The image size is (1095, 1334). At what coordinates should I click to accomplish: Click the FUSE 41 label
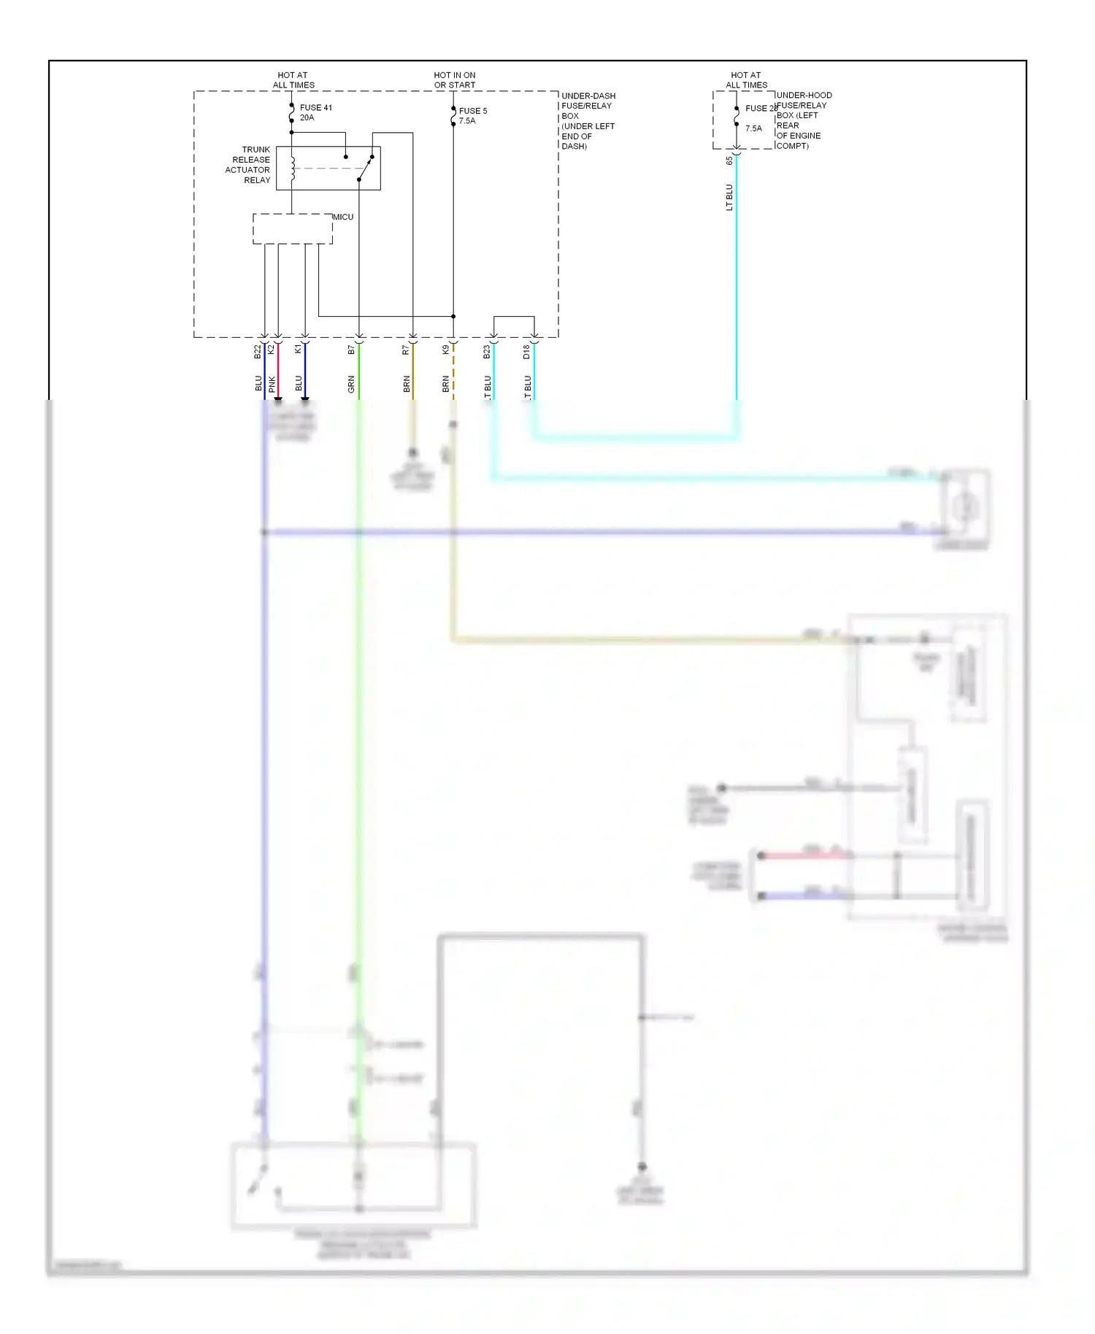point(315,107)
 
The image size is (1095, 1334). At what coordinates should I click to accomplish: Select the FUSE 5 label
point(472,111)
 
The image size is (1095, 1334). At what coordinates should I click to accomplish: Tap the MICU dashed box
point(292,228)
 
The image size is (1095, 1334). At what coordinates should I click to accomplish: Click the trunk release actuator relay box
point(328,168)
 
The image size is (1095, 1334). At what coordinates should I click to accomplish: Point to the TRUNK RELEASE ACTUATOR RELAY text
point(248,165)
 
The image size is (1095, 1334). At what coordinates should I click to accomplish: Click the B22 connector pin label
point(258,352)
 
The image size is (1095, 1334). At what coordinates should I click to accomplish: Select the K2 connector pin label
point(272,350)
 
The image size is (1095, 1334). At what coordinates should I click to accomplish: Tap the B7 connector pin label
point(352,350)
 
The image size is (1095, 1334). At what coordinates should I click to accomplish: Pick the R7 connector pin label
point(406,350)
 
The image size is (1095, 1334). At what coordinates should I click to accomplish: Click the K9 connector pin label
point(446,350)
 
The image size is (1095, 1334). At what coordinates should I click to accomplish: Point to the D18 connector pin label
point(527,352)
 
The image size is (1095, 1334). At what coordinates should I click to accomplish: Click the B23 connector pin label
point(487,352)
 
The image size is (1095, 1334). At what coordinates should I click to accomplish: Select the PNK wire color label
point(272,384)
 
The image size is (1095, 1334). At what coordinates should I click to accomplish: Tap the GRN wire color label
point(352,385)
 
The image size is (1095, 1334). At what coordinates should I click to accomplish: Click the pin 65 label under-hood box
point(729,161)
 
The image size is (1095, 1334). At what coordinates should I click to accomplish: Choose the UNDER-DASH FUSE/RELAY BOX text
point(588,121)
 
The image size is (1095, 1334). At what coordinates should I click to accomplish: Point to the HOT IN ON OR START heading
point(454,80)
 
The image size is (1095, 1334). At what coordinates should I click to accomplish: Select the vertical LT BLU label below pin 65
point(729,197)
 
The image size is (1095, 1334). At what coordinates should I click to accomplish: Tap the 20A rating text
point(307,117)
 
